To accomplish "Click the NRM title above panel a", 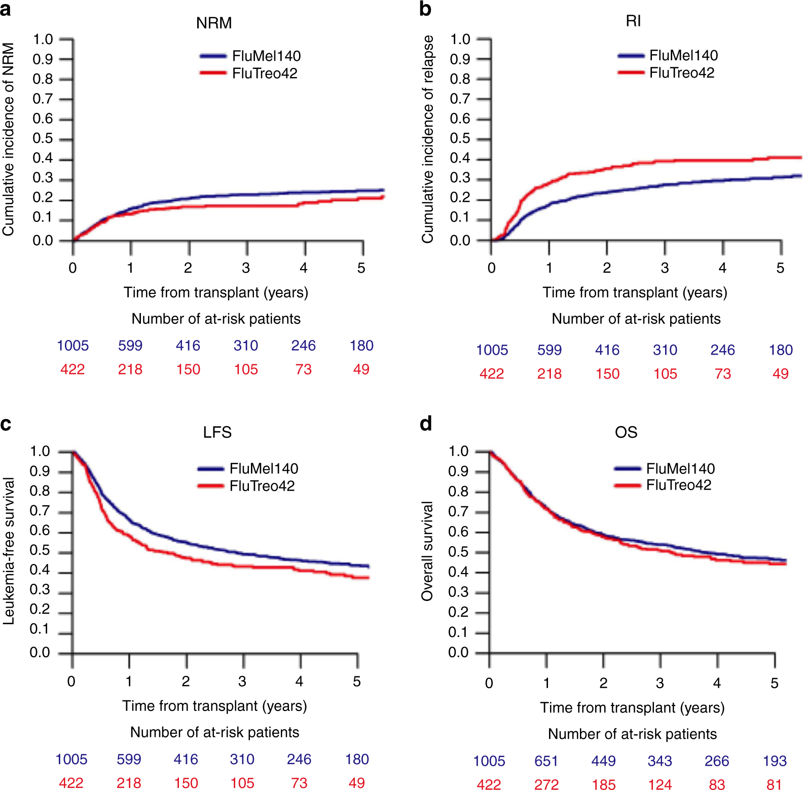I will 214,23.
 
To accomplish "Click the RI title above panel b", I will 633,21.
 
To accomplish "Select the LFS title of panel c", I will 217,432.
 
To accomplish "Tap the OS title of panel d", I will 626,432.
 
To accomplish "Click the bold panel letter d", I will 426,424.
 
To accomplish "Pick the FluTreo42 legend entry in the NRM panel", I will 264,73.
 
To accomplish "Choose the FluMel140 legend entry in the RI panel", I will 683,55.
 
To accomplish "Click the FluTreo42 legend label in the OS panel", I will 678,485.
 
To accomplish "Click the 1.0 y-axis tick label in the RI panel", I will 460,40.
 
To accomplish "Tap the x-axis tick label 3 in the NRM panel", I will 246,268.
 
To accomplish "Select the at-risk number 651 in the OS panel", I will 546,761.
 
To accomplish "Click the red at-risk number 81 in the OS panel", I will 774,784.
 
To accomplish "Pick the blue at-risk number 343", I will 660,761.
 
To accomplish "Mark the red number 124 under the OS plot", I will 660,784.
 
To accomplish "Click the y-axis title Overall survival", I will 427,551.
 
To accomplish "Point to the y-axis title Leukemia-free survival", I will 9,551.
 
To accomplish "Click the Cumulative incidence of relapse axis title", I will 428,139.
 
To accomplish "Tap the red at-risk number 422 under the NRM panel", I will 72,369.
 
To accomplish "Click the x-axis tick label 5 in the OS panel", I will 774,684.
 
